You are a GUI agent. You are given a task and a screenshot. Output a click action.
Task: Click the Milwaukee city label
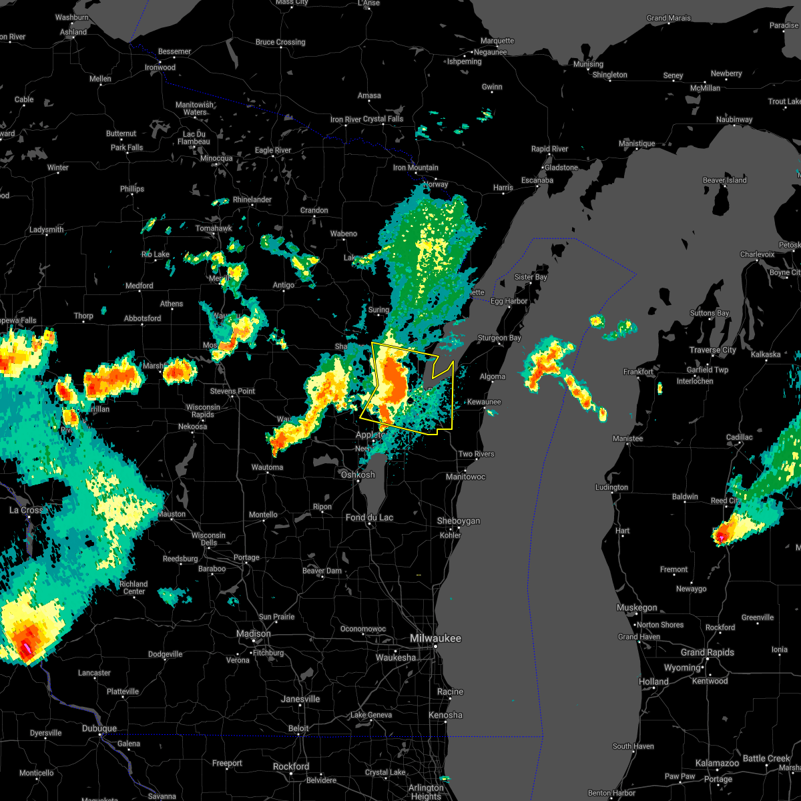[x=435, y=639]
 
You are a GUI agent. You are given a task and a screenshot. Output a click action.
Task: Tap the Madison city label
[x=254, y=633]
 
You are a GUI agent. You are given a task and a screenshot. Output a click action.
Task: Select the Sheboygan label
[x=459, y=521]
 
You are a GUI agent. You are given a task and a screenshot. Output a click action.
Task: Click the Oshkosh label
[x=358, y=475]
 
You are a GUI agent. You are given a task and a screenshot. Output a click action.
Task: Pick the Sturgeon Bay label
[x=499, y=338]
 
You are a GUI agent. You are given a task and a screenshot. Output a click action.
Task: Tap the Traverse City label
[x=714, y=350]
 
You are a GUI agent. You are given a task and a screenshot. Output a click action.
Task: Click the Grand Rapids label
[x=708, y=652]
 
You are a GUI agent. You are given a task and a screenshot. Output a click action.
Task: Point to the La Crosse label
[x=27, y=510]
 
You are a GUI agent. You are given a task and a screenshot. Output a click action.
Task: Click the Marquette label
[x=497, y=41]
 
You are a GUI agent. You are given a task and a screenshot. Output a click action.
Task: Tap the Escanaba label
[x=537, y=180]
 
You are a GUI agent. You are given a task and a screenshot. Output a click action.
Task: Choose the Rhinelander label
[x=252, y=200]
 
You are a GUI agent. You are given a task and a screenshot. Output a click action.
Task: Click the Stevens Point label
[x=233, y=391]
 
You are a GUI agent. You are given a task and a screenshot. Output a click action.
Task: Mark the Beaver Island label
[x=725, y=180]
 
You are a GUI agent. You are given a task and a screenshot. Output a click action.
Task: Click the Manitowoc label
[x=466, y=477]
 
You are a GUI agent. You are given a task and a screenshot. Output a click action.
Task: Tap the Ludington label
[x=612, y=487]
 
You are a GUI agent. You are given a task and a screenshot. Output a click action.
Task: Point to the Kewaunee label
[x=484, y=402]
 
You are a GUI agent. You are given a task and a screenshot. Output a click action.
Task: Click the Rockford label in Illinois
[x=291, y=766]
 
